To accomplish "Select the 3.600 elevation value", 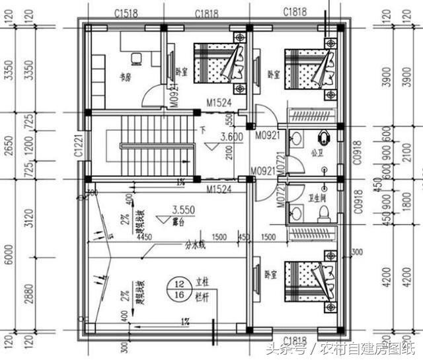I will click(x=231, y=137).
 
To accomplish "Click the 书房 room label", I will click(x=125, y=75).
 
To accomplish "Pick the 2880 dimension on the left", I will click(x=26, y=293).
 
